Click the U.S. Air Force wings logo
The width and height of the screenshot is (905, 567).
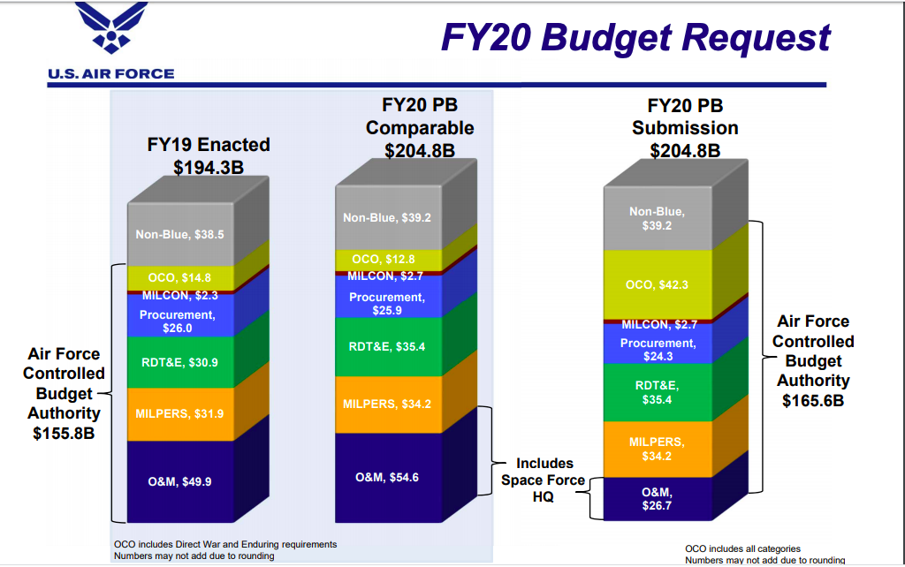pos(111,29)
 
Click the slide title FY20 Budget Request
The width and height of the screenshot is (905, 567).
pos(635,37)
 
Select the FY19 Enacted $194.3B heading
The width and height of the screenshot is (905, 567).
pos(209,155)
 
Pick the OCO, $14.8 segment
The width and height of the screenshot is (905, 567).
pos(179,277)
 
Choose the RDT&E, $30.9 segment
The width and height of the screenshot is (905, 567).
pos(179,362)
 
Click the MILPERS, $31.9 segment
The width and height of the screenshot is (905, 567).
pos(179,413)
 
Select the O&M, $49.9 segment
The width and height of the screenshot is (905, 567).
pos(179,481)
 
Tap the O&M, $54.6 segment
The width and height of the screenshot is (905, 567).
pos(387,477)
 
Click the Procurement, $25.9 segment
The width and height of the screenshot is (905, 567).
pos(387,303)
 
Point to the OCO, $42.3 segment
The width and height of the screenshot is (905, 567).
pos(656,284)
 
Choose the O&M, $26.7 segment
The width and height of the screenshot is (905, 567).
pos(656,498)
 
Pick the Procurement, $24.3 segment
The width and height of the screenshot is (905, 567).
pos(658,349)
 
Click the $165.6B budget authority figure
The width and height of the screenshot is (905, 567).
pos(812,400)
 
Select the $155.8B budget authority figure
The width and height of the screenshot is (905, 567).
pos(64,433)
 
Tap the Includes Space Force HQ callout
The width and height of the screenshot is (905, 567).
pos(544,480)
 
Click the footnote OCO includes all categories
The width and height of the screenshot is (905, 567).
pos(742,548)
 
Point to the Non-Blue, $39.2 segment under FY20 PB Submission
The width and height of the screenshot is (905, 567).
pos(656,218)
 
